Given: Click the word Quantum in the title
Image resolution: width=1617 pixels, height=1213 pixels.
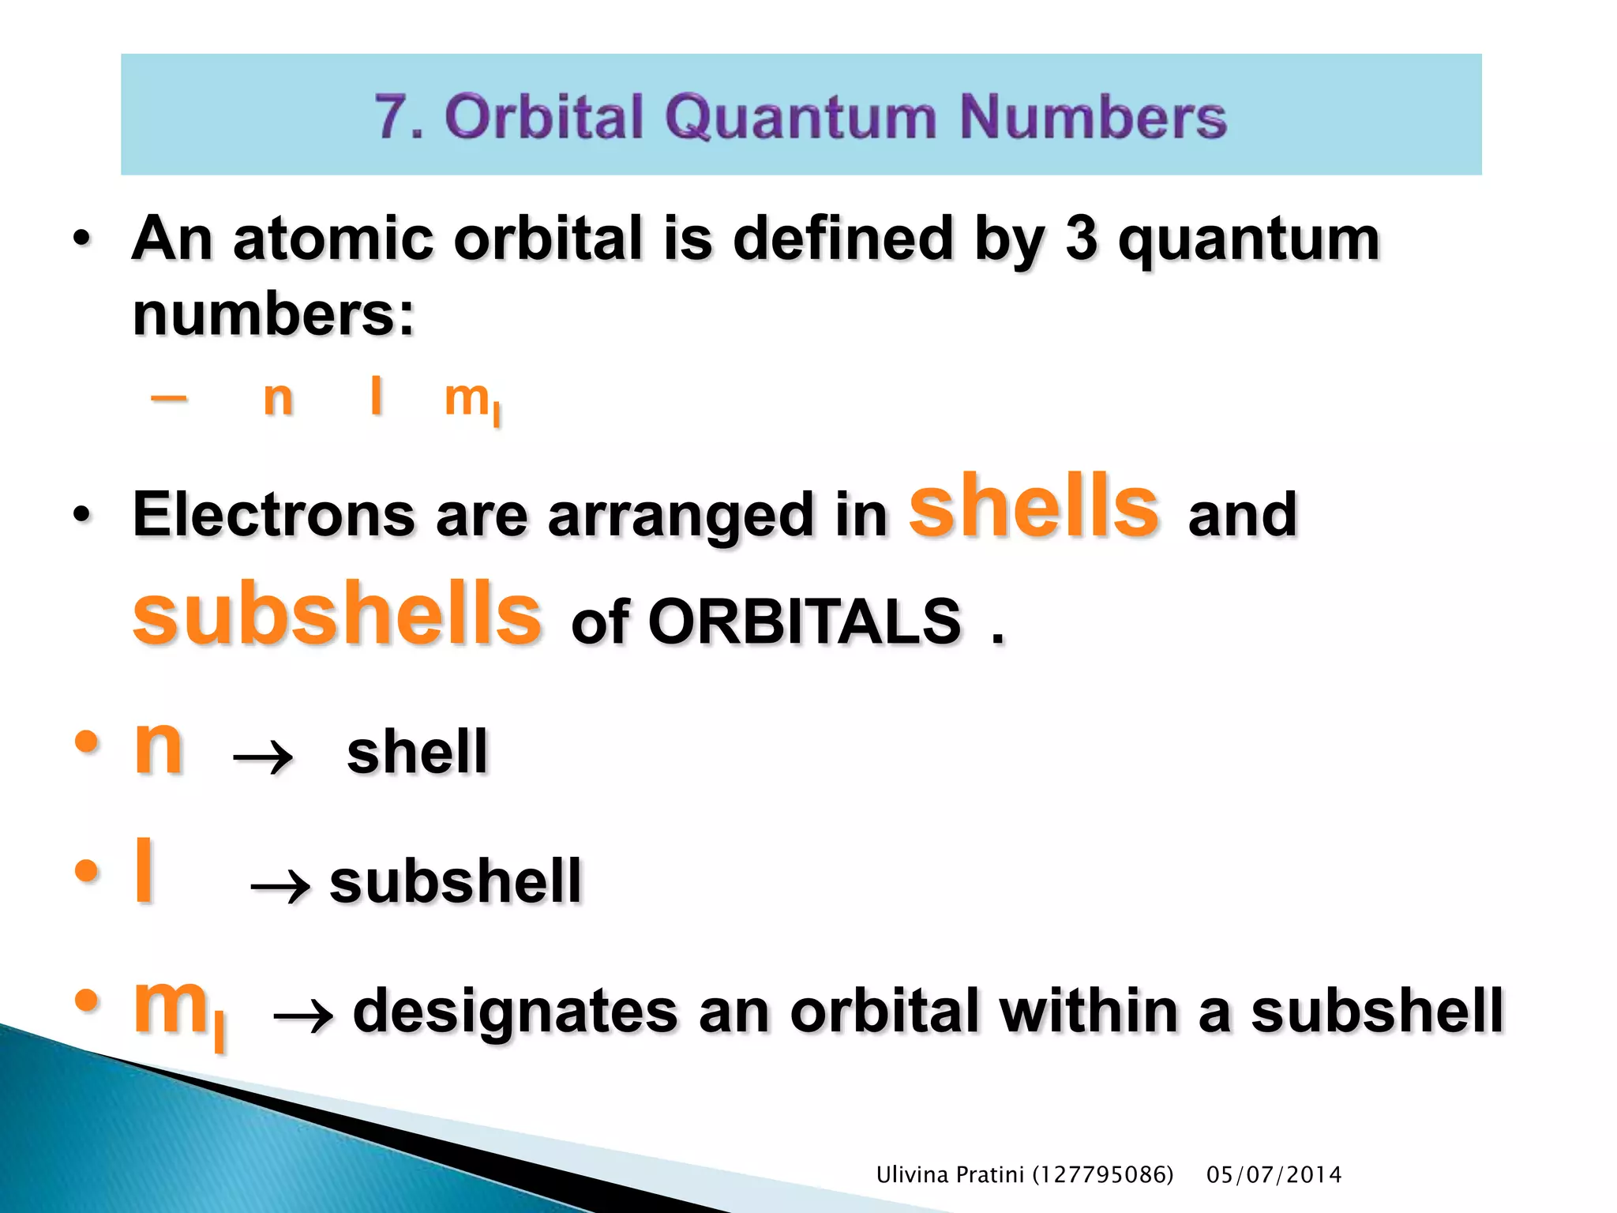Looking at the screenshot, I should (x=802, y=117).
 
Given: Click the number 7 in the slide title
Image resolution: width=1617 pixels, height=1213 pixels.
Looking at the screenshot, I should (x=392, y=117).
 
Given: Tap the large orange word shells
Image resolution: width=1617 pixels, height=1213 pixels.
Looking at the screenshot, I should (x=1034, y=505).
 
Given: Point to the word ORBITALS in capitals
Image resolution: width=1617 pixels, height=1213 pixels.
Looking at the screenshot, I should (x=805, y=622).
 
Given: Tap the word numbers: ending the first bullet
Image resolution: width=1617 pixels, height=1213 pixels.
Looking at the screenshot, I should (x=273, y=314).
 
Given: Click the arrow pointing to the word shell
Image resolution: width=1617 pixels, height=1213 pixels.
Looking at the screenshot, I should (x=263, y=758).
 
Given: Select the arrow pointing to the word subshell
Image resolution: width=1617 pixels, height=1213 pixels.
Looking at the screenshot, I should (x=280, y=888).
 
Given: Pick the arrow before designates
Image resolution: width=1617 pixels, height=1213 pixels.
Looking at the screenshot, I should (x=302, y=1016).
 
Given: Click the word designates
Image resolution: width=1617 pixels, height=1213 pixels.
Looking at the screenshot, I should (x=515, y=1012).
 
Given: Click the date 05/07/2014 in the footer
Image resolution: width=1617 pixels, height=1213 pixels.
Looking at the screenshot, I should (x=1274, y=1175).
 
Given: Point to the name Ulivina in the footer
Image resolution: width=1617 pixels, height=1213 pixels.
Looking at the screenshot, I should (x=911, y=1175).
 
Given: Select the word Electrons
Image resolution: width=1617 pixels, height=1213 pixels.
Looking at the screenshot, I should (x=273, y=514).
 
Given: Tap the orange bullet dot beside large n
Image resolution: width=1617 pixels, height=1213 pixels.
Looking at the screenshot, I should (x=86, y=742).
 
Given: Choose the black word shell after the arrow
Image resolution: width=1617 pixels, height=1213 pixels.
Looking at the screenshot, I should (x=418, y=752).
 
